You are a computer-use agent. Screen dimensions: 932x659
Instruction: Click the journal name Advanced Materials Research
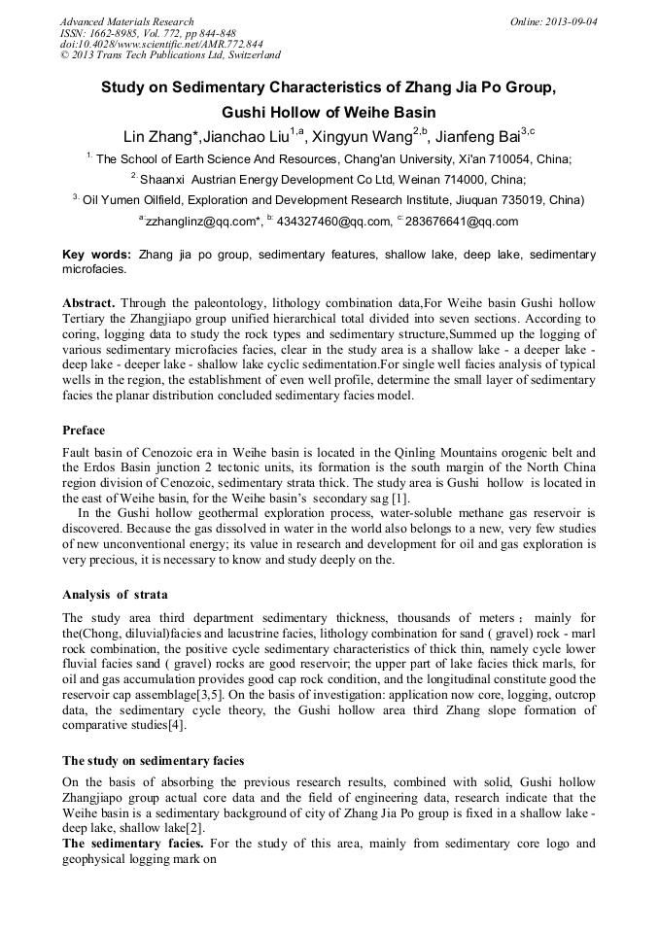127,21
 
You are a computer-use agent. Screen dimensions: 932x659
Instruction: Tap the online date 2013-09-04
571,21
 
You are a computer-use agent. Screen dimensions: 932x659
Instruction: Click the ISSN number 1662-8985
115,33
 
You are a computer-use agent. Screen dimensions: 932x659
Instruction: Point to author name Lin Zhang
159,136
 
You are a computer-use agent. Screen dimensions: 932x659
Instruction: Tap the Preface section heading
84,430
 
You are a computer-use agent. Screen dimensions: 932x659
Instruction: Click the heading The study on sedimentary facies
153,759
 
